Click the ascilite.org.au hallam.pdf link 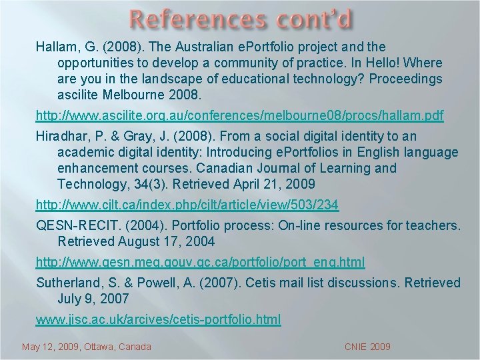(x=239, y=116)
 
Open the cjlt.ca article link (x=187, y=204)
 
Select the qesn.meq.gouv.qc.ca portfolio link (x=201, y=262)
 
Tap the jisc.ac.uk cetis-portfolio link (x=159, y=320)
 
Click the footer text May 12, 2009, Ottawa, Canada (x=87, y=347)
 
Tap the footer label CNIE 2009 (x=367, y=347)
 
